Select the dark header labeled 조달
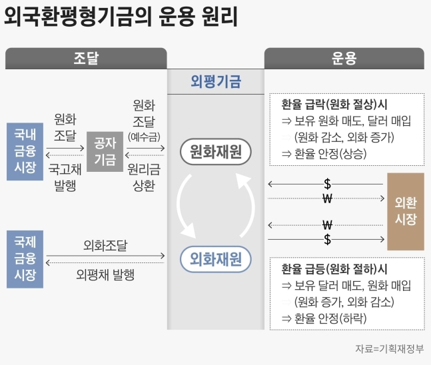tap(86, 59)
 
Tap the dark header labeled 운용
tap(344, 59)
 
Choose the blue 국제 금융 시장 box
tap(25, 259)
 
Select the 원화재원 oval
tap(215, 152)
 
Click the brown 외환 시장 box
tap(406, 211)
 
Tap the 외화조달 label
tap(105, 245)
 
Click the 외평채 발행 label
tap(105, 274)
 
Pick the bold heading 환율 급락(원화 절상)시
tap(334, 105)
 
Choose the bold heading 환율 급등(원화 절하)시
tap(334, 270)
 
